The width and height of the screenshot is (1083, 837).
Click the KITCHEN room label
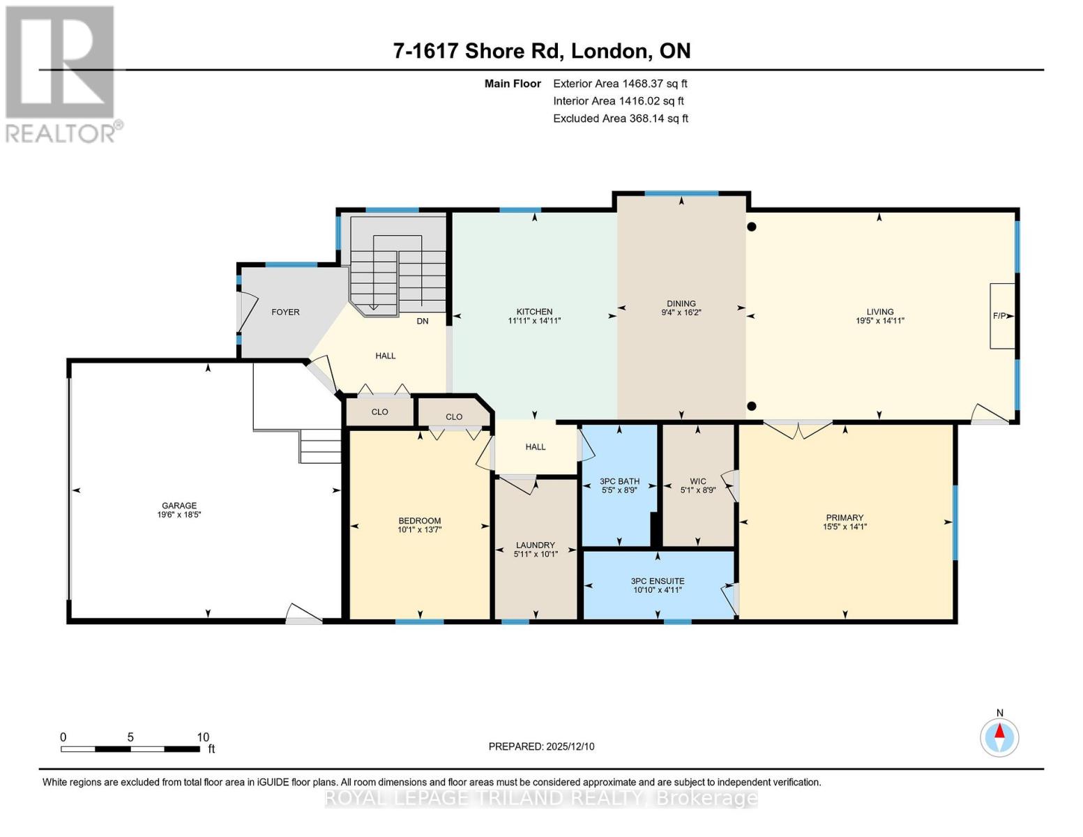tap(534, 312)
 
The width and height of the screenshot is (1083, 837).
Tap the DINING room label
tap(681, 303)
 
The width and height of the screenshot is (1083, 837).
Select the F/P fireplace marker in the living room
tap(1000, 316)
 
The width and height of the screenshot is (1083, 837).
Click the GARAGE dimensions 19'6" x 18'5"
tap(179, 515)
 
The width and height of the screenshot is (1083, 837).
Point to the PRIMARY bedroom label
tap(844, 518)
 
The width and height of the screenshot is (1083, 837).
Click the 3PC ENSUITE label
tap(657, 581)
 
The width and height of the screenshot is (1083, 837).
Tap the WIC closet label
tap(697, 481)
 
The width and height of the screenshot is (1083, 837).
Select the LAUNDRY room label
tap(535, 545)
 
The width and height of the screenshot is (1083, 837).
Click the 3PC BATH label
tap(619, 481)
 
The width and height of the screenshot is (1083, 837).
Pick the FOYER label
tap(285, 312)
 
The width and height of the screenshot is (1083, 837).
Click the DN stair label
tap(423, 321)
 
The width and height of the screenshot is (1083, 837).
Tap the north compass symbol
tap(999, 737)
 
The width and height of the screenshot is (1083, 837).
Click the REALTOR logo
tap(61, 73)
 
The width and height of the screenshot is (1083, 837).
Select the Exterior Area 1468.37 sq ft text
tap(620, 83)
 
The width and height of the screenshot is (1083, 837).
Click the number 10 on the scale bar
tap(202, 737)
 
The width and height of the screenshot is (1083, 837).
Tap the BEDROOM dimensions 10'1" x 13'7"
tap(420, 529)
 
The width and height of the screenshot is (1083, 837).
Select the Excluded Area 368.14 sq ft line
tap(620, 119)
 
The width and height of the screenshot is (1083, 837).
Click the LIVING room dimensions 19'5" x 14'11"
tap(879, 321)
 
